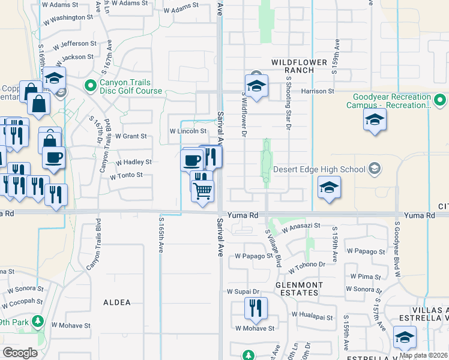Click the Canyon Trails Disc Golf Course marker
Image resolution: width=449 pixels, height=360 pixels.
coord(91,86)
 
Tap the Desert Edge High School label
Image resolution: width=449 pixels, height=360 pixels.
coord(319,169)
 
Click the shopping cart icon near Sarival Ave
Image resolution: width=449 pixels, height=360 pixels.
coord(203,191)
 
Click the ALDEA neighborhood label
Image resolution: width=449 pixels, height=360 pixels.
coord(116,302)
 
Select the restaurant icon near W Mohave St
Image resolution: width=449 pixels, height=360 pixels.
coord(256,308)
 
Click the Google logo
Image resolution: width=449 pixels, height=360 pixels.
coord(20,353)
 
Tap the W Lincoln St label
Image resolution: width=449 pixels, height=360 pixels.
coord(188,131)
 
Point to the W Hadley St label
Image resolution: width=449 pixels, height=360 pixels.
coord(133,162)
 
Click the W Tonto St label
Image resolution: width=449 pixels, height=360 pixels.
coord(125,175)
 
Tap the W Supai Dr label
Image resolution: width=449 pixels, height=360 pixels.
coord(243,292)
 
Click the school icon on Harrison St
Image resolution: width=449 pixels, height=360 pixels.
coord(256,86)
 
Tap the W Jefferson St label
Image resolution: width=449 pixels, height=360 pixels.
coord(74,44)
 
